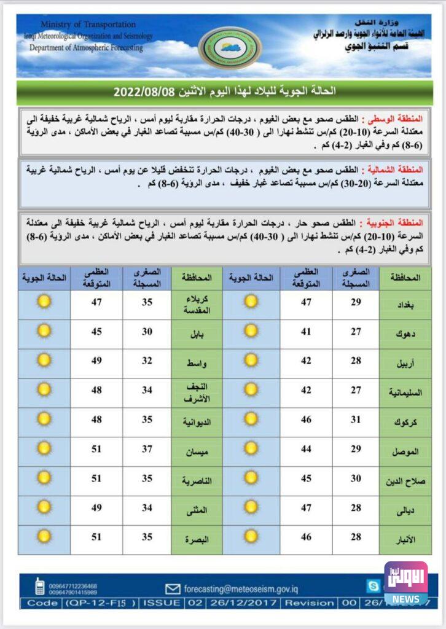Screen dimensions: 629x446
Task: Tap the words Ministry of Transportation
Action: point(88,25)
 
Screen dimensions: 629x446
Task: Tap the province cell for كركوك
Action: point(410,422)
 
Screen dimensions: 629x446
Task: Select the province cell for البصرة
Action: point(197,539)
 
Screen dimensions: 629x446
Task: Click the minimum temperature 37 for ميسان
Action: point(147,451)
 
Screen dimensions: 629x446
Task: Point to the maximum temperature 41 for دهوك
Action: point(306,334)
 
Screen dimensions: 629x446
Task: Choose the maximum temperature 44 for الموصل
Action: point(306,451)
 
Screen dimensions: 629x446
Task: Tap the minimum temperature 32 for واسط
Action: point(147,361)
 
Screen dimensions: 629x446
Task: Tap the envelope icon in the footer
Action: point(173,588)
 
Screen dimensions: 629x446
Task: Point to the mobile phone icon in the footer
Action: point(39,587)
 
